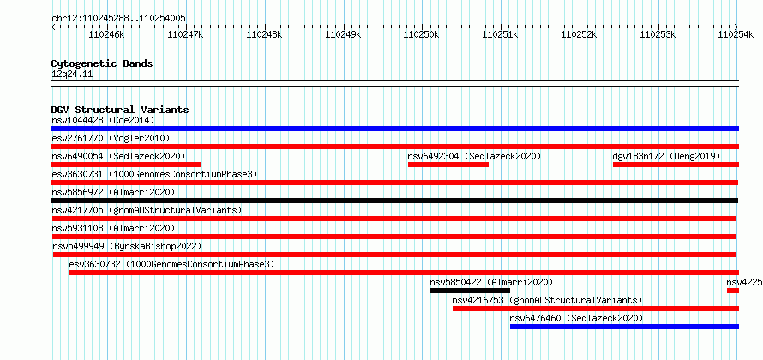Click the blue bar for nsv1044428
(394, 129)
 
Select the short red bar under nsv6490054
(125, 165)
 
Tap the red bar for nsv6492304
(448, 165)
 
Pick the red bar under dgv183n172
(676, 165)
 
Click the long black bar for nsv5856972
(394, 201)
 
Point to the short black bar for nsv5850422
(470, 291)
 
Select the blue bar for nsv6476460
(624, 327)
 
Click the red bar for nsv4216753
(596, 309)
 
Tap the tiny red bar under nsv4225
(733, 291)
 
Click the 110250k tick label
(422, 34)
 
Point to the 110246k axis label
(106, 34)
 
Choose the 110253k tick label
(658, 34)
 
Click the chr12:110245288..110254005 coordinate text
(118, 19)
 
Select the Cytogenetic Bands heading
(102, 63)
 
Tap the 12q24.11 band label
(72, 75)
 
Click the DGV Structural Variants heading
(120, 110)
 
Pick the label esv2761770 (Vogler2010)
(111, 138)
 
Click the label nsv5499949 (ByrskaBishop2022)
(127, 246)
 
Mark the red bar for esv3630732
(404, 273)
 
